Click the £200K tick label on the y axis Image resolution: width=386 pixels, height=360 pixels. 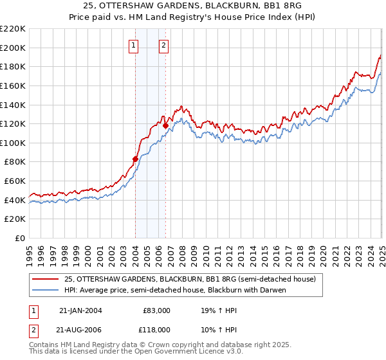[x=14, y=48]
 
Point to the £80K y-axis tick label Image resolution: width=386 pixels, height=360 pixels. [x=15, y=162]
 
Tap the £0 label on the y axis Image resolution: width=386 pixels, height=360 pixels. [x=20, y=239]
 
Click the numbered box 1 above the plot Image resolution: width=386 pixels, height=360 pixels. [x=133, y=45]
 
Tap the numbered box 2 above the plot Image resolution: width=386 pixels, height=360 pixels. [x=164, y=45]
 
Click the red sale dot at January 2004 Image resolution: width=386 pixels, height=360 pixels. [x=135, y=159]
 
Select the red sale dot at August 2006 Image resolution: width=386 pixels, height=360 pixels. [x=165, y=126]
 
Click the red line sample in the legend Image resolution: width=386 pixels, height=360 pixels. [x=46, y=279]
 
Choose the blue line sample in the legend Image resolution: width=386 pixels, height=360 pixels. [x=46, y=290]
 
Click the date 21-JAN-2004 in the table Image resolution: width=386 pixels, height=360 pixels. [x=80, y=310]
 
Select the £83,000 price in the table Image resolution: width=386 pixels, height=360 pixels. [x=157, y=310]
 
